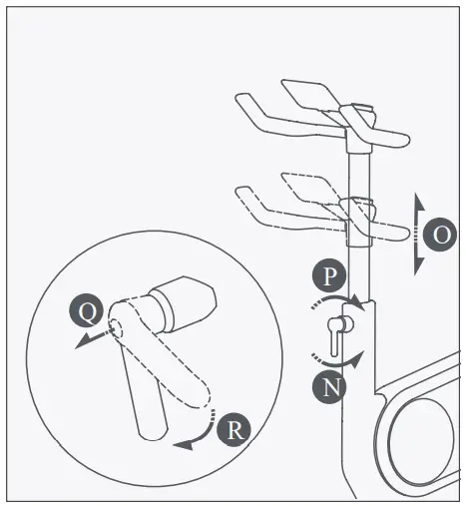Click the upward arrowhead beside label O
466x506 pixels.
tap(417, 203)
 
